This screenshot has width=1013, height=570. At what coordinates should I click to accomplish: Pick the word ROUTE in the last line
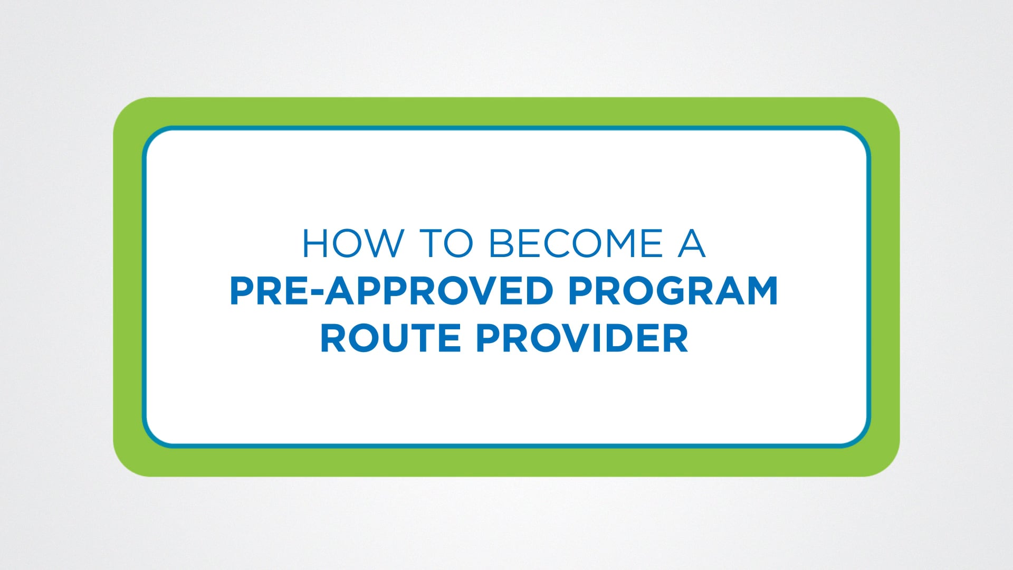[390, 338]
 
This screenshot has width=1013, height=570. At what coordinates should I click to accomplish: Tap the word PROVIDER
[582, 338]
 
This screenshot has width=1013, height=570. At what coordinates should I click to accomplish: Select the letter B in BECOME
[502, 244]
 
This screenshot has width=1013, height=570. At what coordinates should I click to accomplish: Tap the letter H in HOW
[316, 244]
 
